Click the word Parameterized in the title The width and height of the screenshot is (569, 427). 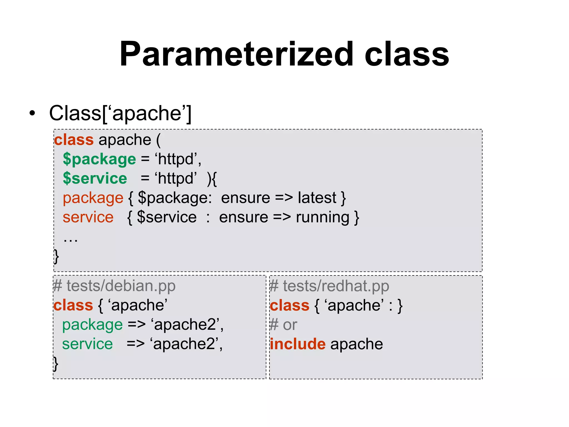coord(236,54)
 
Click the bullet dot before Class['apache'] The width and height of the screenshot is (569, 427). coord(33,113)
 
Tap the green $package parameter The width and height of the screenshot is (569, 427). coord(99,159)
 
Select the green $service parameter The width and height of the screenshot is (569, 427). coord(95,178)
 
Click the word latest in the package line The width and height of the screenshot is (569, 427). coord(317,198)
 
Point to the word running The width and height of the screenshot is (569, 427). coord(322,217)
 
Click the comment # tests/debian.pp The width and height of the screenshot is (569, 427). coord(114,286)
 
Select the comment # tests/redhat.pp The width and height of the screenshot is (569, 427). coord(329,286)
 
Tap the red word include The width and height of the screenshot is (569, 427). coord(298,344)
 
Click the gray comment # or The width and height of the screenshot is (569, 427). coord(283,325)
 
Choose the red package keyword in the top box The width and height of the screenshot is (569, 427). coord(93,198)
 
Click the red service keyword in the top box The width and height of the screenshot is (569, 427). coord(88,217)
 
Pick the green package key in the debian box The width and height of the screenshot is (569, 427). coord(92,325)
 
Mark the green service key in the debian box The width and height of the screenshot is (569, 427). coord(87,344)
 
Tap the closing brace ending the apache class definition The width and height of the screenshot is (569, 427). coord(56,256)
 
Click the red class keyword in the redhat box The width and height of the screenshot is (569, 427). coord(289,306)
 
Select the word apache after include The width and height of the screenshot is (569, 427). coord(356,344)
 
